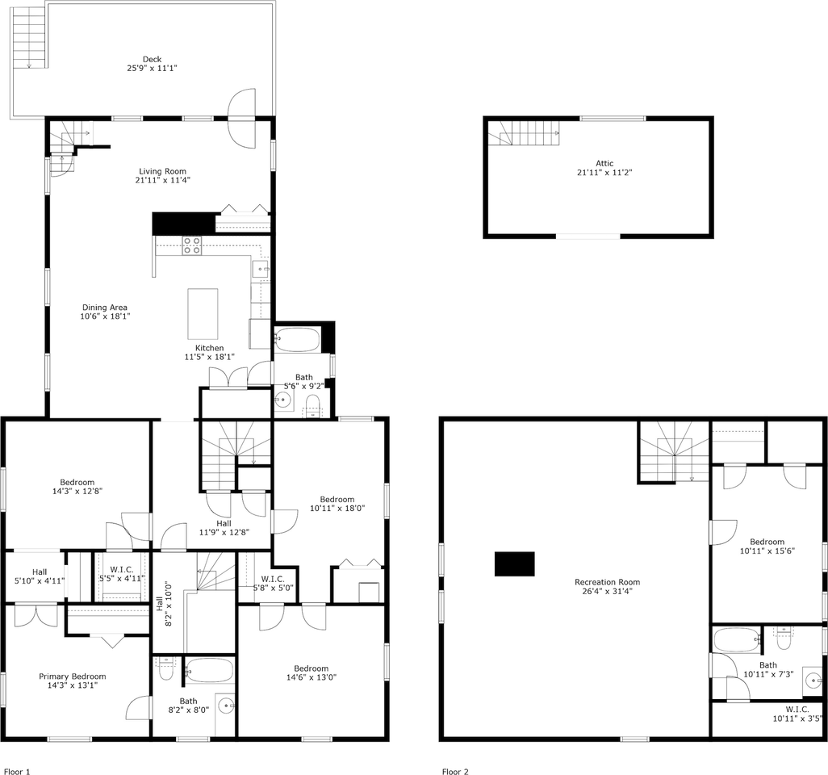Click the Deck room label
point(152,59)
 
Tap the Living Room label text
point(162,171)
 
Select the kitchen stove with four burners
point(191,245)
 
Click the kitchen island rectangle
point(203,313)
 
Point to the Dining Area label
point(104,308)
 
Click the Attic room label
point(604,163)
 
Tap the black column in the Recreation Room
point(514,563)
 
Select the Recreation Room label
point(607,582)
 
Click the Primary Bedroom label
point(73,677)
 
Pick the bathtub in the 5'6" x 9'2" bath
point(297,339)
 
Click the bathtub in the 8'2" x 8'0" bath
point(208,670)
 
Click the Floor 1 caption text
point(17,772)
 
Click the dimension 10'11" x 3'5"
point(797,718)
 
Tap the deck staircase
point(30,36)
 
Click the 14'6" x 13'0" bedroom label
point(311,668)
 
